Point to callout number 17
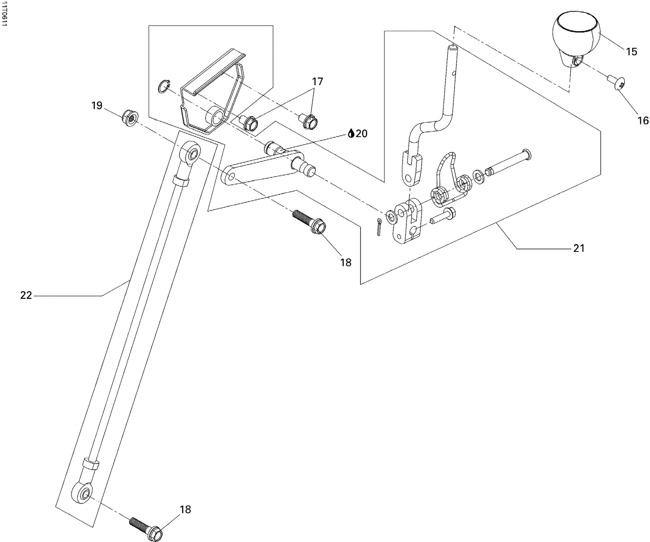(317, 81)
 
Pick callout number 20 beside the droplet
(361, 134)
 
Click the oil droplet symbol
(351, 134)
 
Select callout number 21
(579, 248)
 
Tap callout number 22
(26, 295)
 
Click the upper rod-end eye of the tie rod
(192, 154)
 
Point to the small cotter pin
(379, 227)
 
